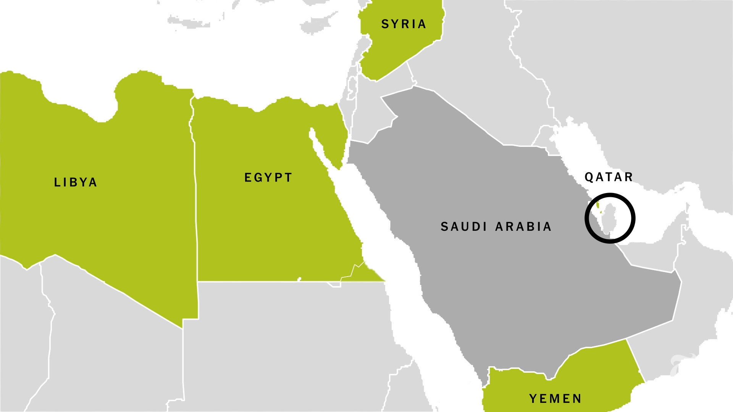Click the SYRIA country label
(x=404, y=24)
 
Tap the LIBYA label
(x=76, y=182)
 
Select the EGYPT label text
(x=268, y=178)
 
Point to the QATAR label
(x=609, y=177)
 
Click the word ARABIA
(x=523, y=227)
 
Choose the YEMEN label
(x=555, y=399)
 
